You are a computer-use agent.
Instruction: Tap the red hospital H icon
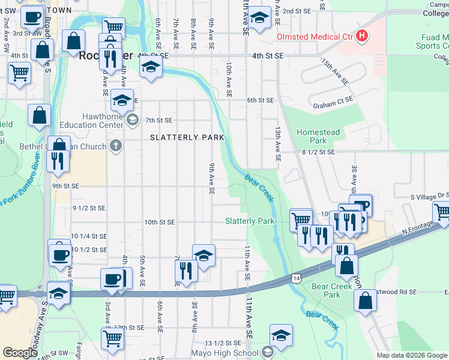click(361, 36)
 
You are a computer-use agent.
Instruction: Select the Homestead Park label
click(318, 136)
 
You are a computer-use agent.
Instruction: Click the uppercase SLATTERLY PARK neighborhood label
click(187, 137)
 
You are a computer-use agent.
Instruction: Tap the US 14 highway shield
click(296, 277)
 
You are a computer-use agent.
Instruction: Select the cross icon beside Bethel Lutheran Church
click(115, 145)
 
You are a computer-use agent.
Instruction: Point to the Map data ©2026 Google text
click(412, 355)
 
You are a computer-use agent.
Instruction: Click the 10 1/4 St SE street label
click(89, 236)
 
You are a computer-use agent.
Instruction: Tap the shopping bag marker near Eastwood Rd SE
click(366, 300)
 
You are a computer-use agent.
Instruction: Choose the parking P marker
click(361, 206)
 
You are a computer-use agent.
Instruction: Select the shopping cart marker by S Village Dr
click(442, 212)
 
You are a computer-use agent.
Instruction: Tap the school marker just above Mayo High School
click(280, 335)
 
